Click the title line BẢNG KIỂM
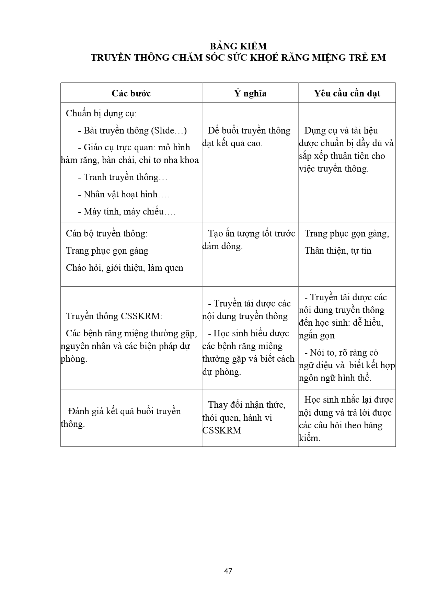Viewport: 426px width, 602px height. pos(238,46)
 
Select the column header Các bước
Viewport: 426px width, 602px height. pos(131,93)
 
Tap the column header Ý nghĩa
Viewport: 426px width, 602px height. pos(250,93)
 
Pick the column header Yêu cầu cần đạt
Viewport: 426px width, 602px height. pos(347,93)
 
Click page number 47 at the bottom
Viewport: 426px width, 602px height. pos(228,571)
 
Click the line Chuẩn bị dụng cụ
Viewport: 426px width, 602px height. pos(101,113)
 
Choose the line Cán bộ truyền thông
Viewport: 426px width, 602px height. pos(107,233)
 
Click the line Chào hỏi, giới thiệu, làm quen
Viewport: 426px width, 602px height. pos(125,268)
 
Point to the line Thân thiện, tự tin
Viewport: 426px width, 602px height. pos(338,251)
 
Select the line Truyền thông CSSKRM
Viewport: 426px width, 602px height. pos(114,316)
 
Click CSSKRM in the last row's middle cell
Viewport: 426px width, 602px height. pos(222,430)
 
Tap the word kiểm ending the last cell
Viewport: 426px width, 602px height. pos(309,438)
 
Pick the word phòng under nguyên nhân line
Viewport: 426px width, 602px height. pos(73,359)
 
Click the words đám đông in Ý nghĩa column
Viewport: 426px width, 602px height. pos(222,246)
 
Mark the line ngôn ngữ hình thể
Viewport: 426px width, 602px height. pos(335,378)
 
